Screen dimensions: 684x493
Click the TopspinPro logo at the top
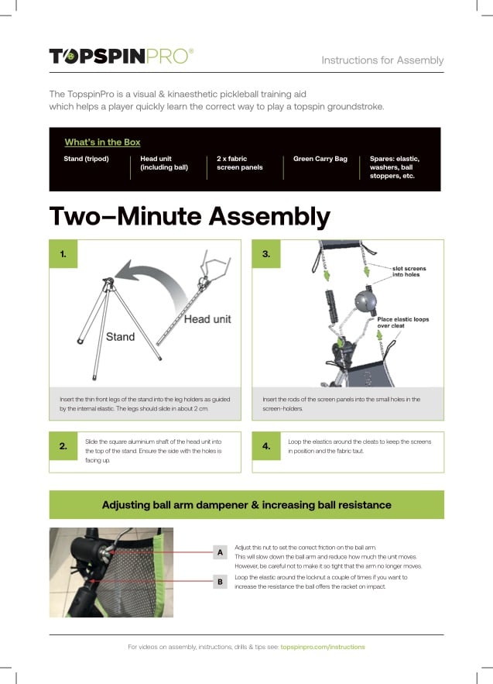(121, 56)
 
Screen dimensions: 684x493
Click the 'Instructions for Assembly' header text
(382, 60)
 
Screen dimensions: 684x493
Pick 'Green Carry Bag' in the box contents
(320, 159)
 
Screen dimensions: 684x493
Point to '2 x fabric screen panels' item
(239, 163)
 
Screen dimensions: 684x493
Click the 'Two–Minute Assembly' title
(190, 216)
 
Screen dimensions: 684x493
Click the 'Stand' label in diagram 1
(120, 337)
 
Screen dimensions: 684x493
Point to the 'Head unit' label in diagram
(207, 318)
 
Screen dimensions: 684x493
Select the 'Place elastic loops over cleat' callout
(402, 322)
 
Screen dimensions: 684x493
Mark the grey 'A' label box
(220, 552)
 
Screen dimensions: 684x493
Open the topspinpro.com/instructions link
(323, 647)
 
